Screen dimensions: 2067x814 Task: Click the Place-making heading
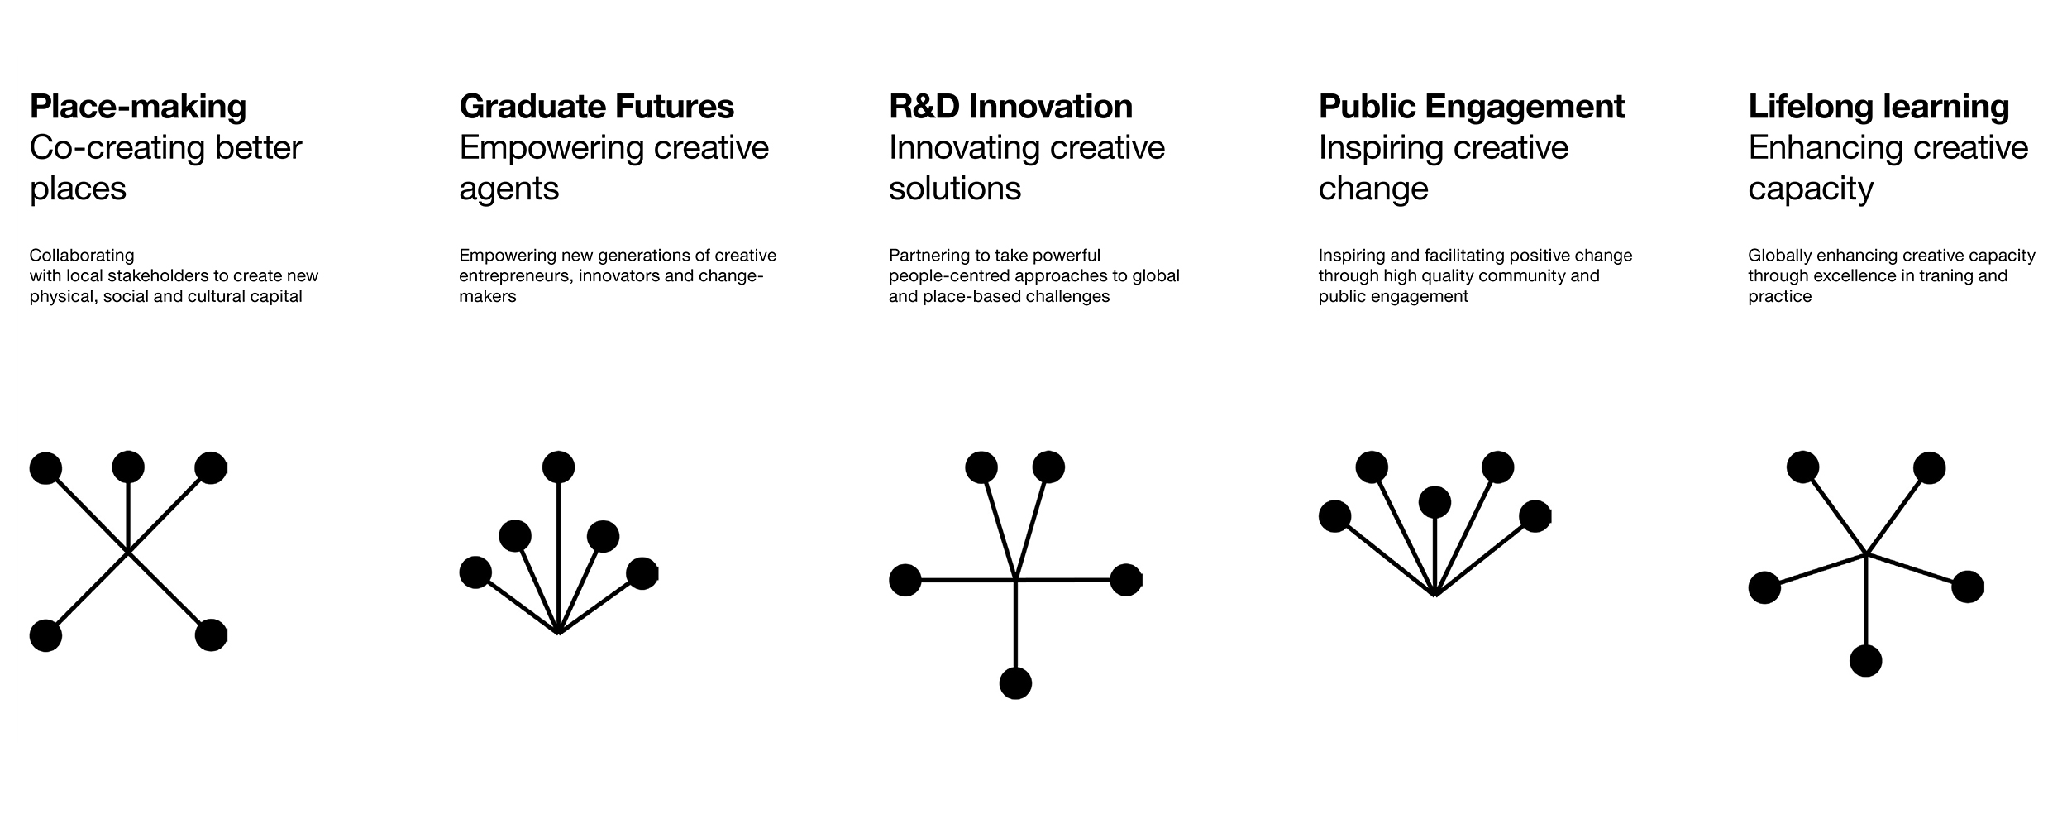(x=138, y=108)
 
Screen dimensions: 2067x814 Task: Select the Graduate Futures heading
(x=596, y=107)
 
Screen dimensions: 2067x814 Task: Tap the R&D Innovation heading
(x=1010, y=107)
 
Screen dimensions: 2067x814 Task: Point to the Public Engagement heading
(x=1472, y=108)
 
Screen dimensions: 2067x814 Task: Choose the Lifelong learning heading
(x=1878, y=108)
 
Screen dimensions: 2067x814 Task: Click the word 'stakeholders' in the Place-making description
(x=170, y=275)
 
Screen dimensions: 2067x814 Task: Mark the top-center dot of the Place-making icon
(x=128, y=467)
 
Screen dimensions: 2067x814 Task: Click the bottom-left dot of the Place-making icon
(x=45, y=635)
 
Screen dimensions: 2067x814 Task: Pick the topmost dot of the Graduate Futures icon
(x=559, y=467)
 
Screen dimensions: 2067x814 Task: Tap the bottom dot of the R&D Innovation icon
(x=1015, y=683)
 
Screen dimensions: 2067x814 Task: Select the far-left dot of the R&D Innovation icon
(x=905, y=580)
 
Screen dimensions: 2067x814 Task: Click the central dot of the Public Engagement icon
(x=1434, y=502)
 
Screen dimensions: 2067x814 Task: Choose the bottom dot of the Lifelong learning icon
(x=1865, y=661)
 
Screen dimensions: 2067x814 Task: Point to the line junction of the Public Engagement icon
(x=1435, y=594)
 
